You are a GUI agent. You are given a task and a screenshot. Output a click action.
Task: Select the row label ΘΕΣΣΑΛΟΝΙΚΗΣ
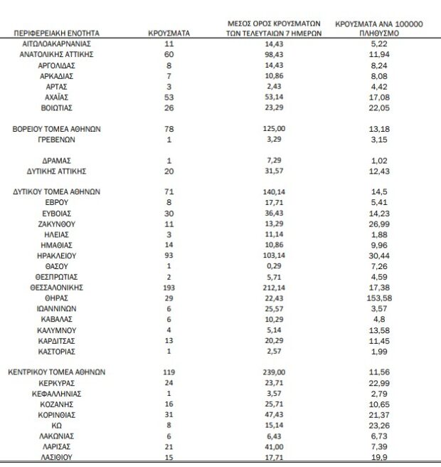(56, 287)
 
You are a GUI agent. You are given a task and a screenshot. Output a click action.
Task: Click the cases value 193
(169, 287)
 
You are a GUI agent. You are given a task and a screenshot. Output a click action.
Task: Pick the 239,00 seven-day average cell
(275, 372)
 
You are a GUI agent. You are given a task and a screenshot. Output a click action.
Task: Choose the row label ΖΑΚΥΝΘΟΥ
(56, 223)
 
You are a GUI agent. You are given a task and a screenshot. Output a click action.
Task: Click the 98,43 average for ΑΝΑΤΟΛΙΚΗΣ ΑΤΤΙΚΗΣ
(275, 54)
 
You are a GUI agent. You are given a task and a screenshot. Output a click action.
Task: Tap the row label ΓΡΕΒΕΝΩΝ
(56, 140)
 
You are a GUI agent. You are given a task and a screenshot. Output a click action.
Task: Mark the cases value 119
(169, 372)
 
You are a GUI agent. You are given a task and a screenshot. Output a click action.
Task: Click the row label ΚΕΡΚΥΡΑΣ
(56, 382)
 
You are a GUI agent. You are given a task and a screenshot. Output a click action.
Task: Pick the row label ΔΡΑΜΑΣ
(56, 161)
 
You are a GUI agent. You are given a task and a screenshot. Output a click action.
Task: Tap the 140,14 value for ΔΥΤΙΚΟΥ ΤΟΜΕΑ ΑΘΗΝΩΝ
(275, 191)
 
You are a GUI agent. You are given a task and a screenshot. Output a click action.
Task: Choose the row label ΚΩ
(56, 425)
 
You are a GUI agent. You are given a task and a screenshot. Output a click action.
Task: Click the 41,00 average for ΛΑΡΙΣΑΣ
(275, 446)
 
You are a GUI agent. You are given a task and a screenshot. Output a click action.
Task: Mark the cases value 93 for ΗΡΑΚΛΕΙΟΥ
(169, 255)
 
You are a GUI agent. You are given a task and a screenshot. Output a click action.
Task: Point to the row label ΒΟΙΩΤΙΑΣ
(56, 107)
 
